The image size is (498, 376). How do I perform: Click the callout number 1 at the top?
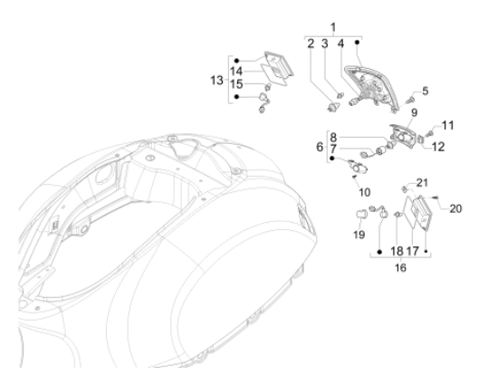(x=333, y=28)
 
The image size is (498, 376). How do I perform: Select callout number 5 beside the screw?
(x=425, y=91)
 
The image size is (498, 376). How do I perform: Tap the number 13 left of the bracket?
(x=216, y=81)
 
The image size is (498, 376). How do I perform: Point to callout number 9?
(x=414, y=112)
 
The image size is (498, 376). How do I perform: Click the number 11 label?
(x=448, y=125)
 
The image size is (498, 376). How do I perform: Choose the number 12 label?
(x=438, y=147)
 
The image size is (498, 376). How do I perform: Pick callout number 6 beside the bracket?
(x=320, y=147)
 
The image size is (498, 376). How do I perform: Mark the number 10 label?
(x=364, y=192)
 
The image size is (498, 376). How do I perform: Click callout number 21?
(x=422, y=183)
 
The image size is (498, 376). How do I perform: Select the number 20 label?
(x=455, y=208)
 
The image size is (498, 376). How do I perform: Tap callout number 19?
(x=359, y=235)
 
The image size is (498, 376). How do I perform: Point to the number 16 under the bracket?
(x=400, y=267)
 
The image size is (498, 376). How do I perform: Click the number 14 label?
(x=236, y=72)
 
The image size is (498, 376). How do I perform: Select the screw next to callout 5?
(x=409, y=101)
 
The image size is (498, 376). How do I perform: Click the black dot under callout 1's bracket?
(x=357, y=42)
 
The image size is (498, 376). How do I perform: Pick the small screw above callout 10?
(x=354, y=177)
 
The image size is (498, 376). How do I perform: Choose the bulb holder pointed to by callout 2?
(x=332, y=107)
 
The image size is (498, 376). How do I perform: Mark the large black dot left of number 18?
(x=379, y=252)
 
